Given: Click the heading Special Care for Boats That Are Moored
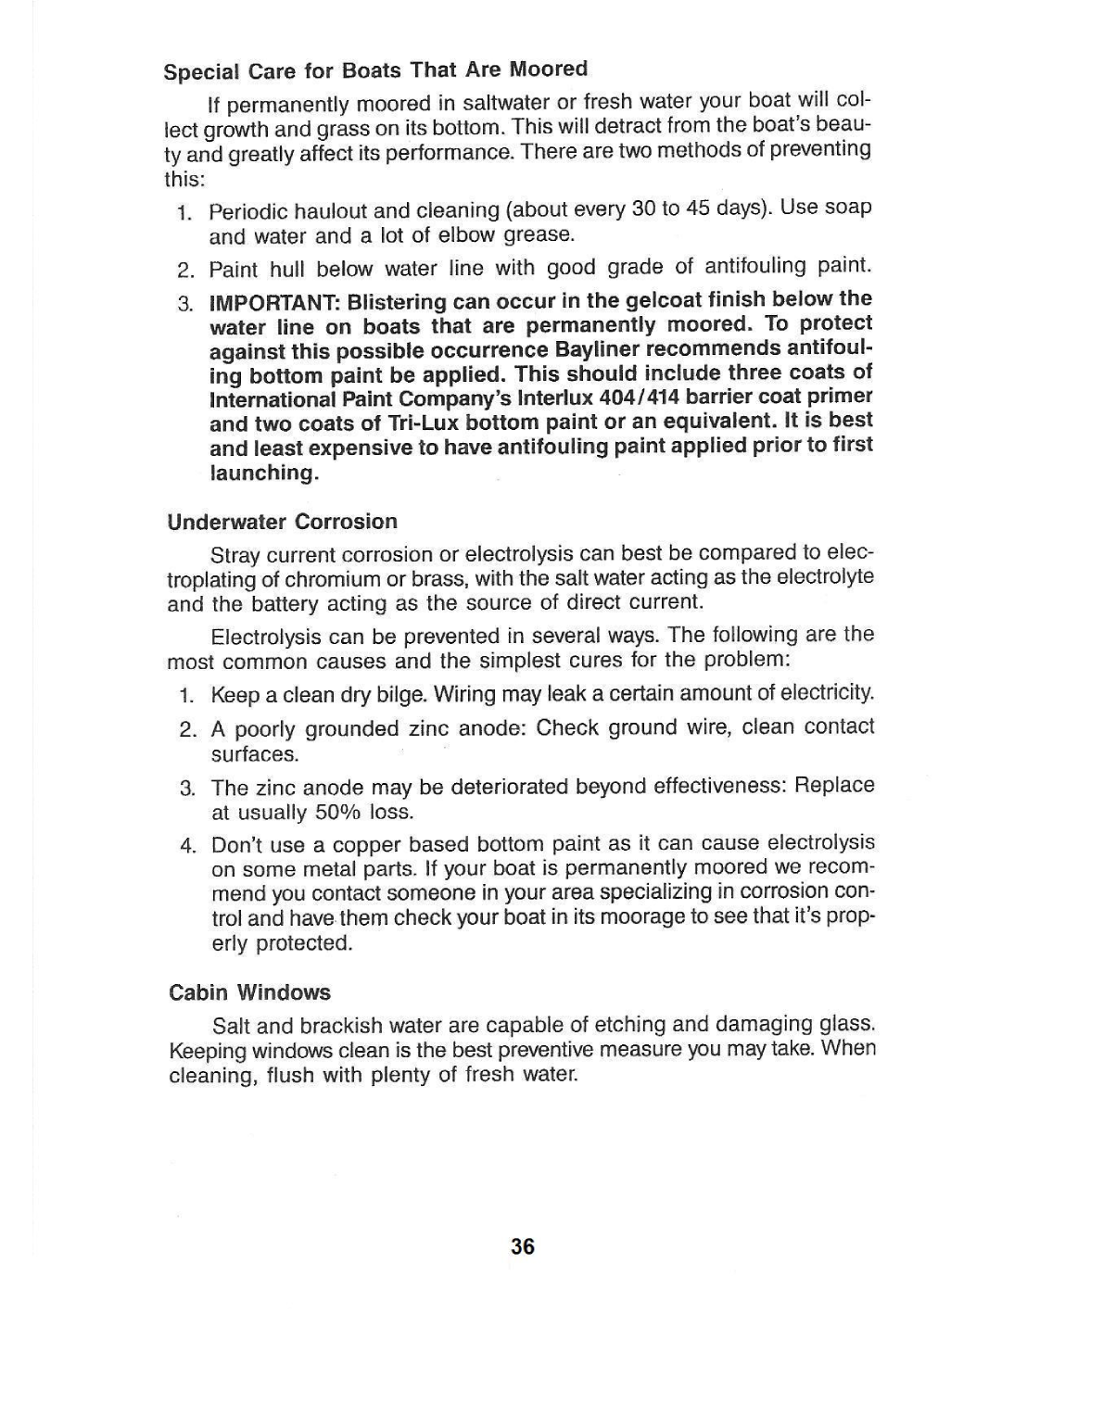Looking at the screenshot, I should (x=375, y=70).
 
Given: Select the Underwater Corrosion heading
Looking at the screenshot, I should (x=282, y=522).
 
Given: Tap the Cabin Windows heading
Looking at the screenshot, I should (x=249, y=992).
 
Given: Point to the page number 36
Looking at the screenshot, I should (x=523, y=1246).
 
